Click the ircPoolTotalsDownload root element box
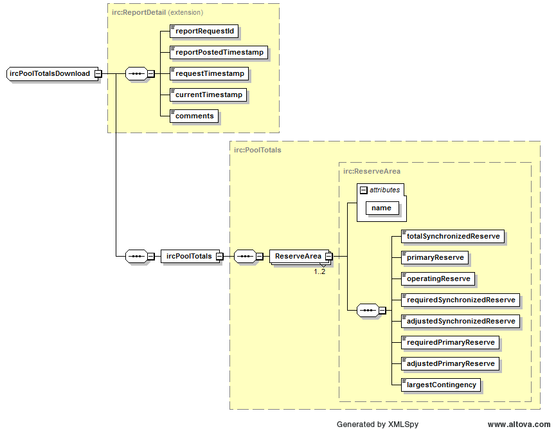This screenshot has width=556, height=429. click(x=50, y=73)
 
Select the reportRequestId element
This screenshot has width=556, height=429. click(x=199, y=31)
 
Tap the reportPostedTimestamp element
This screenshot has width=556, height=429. click(x=219, y=52)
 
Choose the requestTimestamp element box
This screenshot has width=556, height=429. click(x=210, y=73)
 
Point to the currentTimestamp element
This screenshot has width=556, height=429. click(x=209, y=95)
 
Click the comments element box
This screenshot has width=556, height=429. click(x=194, y=116)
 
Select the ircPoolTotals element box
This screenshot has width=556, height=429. click(x=188, y=256)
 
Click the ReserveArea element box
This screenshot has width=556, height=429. click(x=298, y=256)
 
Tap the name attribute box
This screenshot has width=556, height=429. click(x=381, y=208)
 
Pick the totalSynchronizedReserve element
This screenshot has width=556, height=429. click(x=453, y=236)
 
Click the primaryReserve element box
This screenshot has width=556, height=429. click(x=435, y=257)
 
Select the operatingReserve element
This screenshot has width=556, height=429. click(x=438, y=278)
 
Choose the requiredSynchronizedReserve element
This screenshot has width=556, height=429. click(x=460, y=300)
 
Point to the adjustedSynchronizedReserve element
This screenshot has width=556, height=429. click(x=460, y=321)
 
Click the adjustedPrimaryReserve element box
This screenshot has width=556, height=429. click(x=450, y=363)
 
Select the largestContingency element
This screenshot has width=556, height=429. click(x=441, y=385)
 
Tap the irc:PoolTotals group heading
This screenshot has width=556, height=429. click(x=258, y=150)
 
